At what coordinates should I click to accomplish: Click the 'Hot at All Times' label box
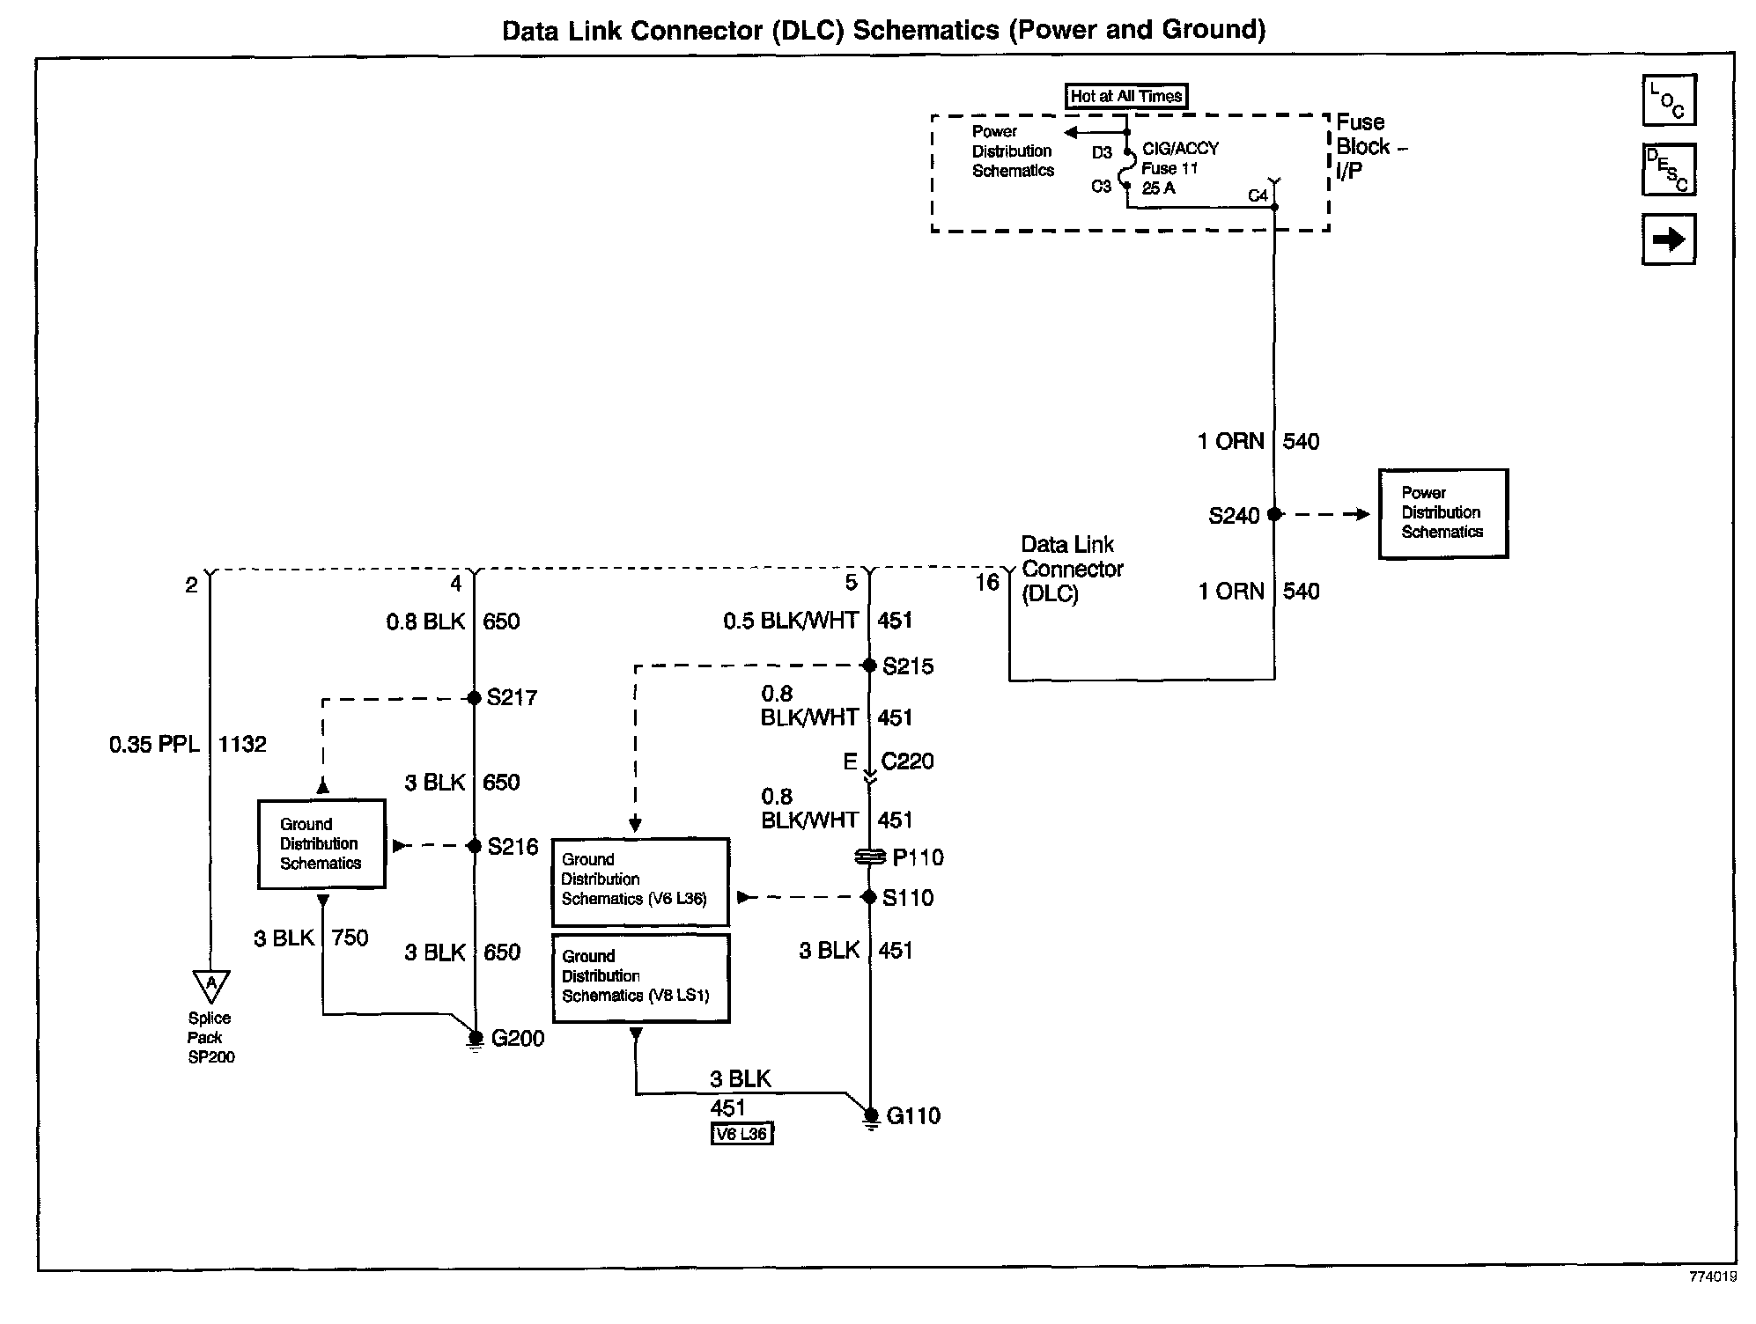[1126, 96]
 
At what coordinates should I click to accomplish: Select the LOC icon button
[1668, 100]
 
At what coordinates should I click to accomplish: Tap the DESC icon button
[1668, 170]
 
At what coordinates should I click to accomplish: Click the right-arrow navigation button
[1668, 239]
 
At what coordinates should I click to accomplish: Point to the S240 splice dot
[1273, 514]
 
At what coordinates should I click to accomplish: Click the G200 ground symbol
[476, 1040]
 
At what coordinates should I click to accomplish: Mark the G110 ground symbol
[870, 1117]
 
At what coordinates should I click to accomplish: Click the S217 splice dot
[474, 698]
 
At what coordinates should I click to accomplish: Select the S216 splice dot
[474, 846]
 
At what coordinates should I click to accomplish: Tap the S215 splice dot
[869, 666]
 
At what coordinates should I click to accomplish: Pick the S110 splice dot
[869, 897]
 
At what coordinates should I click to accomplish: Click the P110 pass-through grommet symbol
[869, 857]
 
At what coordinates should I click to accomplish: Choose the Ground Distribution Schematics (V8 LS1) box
[640, 977]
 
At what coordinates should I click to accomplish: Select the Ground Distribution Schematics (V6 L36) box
[640, 880]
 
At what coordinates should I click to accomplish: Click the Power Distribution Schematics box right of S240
[1442, 513]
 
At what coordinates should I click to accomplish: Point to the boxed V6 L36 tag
[742, 1134]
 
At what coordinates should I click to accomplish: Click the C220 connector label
[907, 761]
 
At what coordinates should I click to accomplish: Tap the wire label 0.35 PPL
[154, 745]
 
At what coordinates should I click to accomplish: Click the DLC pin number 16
[986, 583]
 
